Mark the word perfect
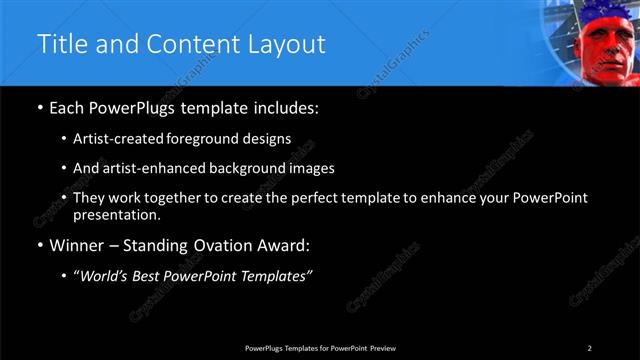pyautogui.click(x=323, y=199)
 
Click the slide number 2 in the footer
pyautogui.click(x=589, y=348)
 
